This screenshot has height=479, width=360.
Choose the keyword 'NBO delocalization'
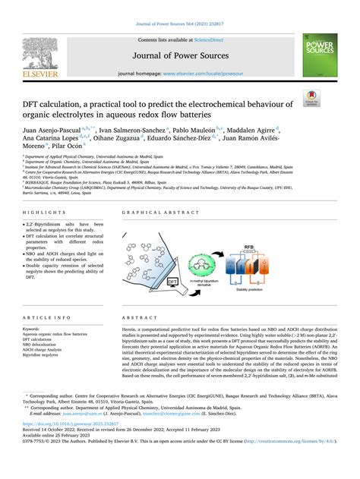[44, 345]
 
